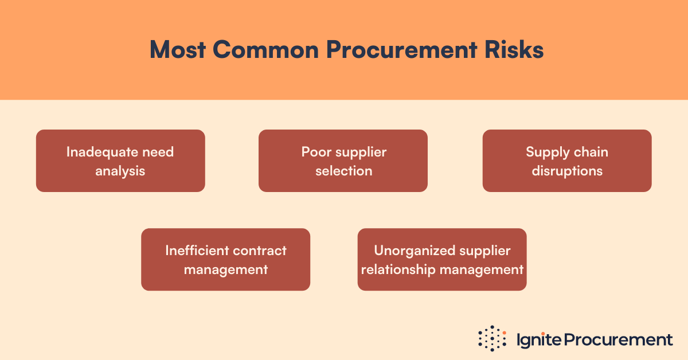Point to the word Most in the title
[178, 50]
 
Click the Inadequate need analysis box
[120, 161]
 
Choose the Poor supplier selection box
[343, 161]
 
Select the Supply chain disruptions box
[567, 161]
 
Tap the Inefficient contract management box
[225, 259]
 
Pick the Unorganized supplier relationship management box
[442, 259]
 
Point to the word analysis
[120, 171]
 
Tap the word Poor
[314, 152]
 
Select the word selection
[343, 171]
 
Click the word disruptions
[567, 171]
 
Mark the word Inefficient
[197, 251]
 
